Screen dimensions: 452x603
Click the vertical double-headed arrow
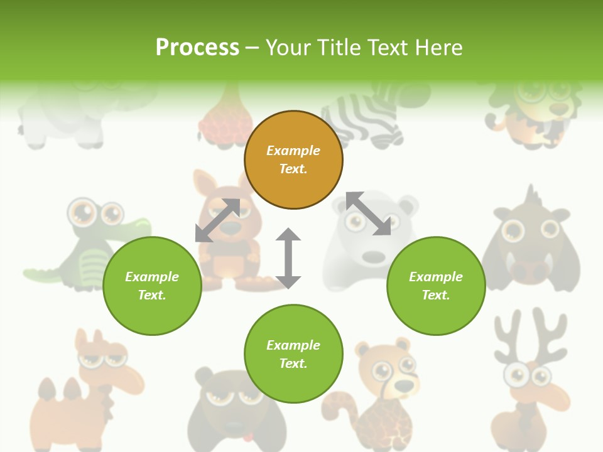[288, 258]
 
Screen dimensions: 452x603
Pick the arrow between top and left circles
[217, 220]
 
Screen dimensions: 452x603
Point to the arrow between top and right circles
[368, 213]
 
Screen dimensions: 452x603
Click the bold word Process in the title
[197, 47]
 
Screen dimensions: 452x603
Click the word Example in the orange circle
[293, 151]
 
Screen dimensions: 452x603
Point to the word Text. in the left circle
[152, 295]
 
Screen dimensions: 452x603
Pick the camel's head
[100, 358]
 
